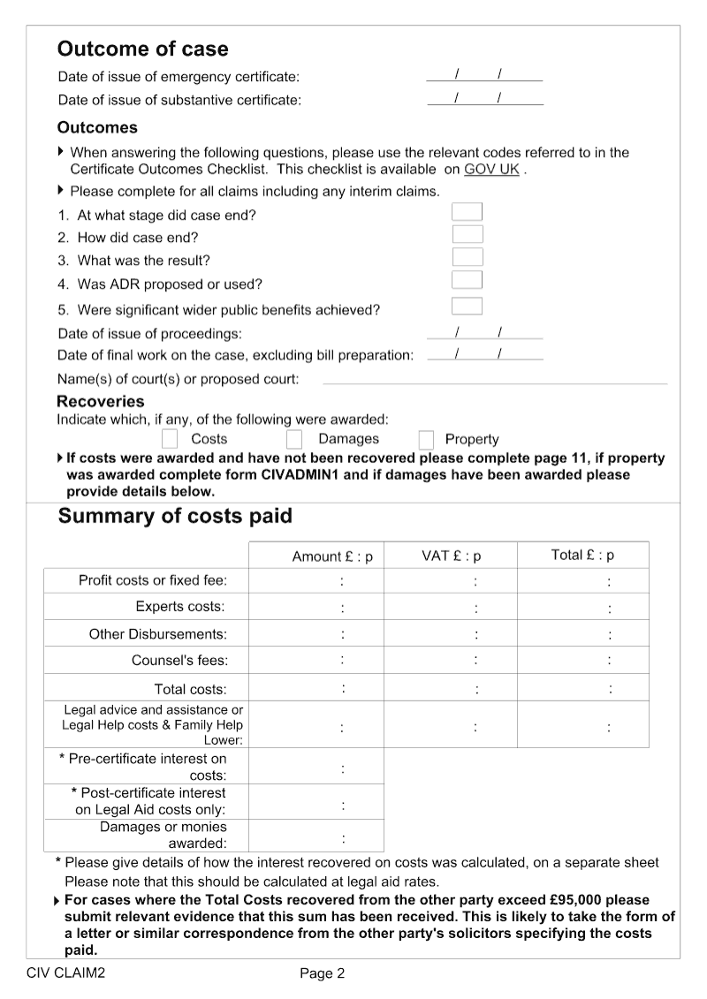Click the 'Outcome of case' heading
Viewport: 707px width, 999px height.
click(x=142, y=49)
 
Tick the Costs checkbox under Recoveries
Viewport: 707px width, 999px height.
click(x=171, y=439)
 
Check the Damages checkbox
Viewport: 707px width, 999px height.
click(x=294, y=439)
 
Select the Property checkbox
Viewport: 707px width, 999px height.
click(x=426, y=440)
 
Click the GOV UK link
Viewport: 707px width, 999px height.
click(x=491, y=169)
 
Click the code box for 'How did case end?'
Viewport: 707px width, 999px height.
click(x=468, y=234)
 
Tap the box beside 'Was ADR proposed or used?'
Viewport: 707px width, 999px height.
click(x=467, y=280)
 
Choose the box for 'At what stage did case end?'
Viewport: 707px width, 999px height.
click(x=467, y=211)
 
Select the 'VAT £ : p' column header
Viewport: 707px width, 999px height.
click(x=451, y=556)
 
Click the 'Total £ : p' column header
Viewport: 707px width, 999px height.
click(x=582, y=556)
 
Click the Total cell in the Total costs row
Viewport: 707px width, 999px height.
click(x=582, y=688)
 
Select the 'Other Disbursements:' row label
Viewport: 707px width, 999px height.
click(x=157, y=634)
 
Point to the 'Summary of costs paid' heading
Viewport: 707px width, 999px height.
click(x=174, y=516)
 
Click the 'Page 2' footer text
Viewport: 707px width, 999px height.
click(x=323, y=973)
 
